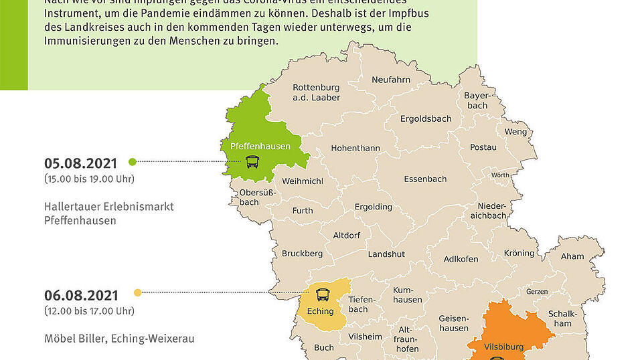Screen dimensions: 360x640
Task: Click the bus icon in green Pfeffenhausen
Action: [x=252, y=161]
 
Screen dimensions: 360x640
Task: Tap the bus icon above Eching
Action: [x=323, y=294]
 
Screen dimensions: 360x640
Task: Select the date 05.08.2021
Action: [x=81, y=163]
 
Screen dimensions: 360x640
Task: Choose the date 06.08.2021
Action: [x=81, y=295]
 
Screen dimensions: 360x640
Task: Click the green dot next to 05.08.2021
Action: [x=132, y=161]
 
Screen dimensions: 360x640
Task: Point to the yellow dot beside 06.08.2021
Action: [x=138, y=292]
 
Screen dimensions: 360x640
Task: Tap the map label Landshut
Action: [x=386, y=254]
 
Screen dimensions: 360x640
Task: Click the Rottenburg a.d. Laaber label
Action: [x=316, y=92]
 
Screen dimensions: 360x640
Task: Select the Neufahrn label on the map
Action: [x=391, y=80]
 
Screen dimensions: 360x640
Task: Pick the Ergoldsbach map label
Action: [x=426, y=118]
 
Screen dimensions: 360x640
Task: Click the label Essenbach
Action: [x=425, y=179]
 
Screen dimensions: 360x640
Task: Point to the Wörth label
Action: [x=500, y=175]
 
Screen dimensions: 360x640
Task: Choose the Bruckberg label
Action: [x=302, y=254]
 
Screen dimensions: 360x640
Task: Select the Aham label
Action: [x=572, y=256]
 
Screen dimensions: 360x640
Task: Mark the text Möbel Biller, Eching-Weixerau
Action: [x=119, y=339]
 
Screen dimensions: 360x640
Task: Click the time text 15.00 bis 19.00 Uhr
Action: [x=89, y=179]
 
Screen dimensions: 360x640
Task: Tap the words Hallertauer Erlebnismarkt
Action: [x=109, y=206]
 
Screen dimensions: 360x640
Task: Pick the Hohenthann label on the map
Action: [x=355, y=148]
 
